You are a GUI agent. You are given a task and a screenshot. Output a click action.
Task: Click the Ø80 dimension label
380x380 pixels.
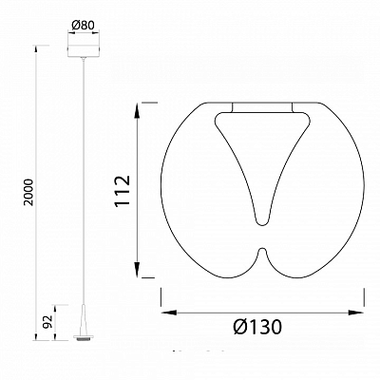point(84,26)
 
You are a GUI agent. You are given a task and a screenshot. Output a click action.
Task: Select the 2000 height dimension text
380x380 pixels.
point(28,193)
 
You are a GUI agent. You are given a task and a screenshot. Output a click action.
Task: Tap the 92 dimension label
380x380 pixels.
point(47,322)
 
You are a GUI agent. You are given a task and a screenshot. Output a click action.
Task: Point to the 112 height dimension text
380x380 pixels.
point(123,191)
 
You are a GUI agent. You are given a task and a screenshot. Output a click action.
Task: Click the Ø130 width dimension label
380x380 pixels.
point(257,327)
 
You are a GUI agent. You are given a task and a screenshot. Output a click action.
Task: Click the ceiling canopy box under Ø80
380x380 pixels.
point(84,51)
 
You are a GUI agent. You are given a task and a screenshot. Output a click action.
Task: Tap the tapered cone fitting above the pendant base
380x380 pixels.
point(84,319)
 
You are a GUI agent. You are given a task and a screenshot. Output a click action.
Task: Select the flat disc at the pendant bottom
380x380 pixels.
point(84,337)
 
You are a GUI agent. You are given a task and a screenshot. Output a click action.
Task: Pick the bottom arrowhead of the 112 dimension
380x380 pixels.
point(137,270)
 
